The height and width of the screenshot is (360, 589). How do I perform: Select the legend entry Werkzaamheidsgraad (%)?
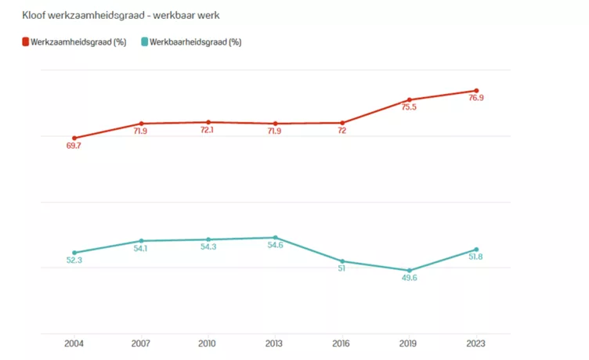click(x=74, y=42)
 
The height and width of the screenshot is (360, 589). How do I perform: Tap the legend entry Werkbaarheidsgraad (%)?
click(x=190, y=42)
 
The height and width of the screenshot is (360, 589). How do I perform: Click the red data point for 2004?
click(x=74, y=138)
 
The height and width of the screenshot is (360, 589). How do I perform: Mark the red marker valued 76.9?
click(x=476, y=91)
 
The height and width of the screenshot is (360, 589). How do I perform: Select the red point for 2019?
click(x=409, y=100)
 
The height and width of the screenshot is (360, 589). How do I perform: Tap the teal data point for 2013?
click(x=275, y=237)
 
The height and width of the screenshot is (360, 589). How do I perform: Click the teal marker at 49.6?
click(x=409, y=271)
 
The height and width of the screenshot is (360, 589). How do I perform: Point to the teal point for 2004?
click(x=74, y=253)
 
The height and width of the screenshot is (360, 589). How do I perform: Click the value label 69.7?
click(x=74, y=146)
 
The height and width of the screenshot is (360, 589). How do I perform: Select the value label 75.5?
click(x=409, y=108)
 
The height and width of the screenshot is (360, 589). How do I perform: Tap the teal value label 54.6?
click(x=275, y=246)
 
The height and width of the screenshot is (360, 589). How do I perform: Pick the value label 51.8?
click(x=476, y=257)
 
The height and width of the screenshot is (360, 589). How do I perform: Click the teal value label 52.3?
click(x=74, y=261)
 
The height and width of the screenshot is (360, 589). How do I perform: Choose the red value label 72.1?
click(x=208, y=131)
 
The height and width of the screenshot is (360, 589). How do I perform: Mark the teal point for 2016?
click(x=342, y=261)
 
